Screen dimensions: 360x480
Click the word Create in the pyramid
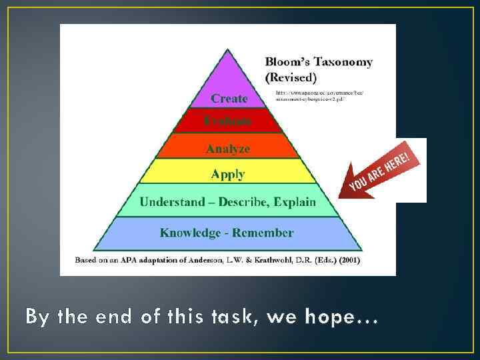[x=229, y=98]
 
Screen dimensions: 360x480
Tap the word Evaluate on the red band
[x=228, y=121]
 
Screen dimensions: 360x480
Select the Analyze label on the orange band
[x=228, y=149]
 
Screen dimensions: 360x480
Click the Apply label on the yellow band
[x=228, y=174]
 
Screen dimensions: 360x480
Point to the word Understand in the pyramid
[x=171, y=201]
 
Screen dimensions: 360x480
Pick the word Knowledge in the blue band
[x=190, y=233]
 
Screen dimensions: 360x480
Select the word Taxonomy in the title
[x=343, y=62]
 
